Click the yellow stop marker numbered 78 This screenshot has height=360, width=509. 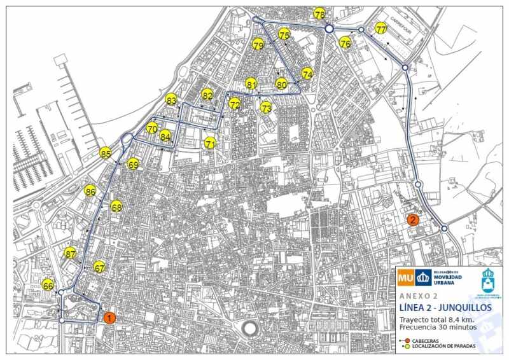319,14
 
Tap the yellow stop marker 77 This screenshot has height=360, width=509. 380,29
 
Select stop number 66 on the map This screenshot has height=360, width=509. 48,286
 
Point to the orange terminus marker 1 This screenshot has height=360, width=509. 109,318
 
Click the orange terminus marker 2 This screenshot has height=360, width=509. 413,220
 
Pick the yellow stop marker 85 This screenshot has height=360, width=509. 106,153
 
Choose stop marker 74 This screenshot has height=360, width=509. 307,74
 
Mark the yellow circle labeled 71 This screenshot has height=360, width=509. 211,144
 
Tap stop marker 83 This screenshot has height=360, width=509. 171,100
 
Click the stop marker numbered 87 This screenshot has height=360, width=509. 70,253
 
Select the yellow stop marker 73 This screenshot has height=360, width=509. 266,107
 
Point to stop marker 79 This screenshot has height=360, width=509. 258,45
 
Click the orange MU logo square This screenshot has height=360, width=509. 405,277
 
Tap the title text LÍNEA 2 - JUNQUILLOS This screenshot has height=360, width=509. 445,308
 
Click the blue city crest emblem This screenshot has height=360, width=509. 488,278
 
